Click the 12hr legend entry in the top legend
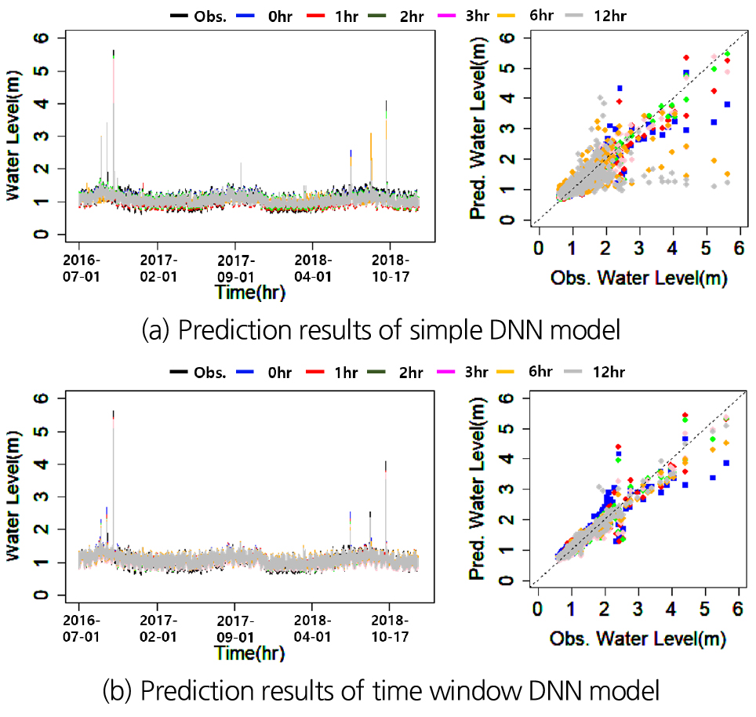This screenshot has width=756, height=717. (x=603, y=15)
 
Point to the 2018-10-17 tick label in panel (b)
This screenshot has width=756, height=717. (x=390, y=623)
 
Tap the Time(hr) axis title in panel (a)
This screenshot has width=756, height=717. (x=249, y=293)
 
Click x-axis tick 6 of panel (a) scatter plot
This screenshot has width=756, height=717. (x=739, y=249)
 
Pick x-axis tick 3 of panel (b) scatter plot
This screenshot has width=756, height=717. (x=638, y=609)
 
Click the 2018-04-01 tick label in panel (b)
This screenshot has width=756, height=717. (x=313, y=623)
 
